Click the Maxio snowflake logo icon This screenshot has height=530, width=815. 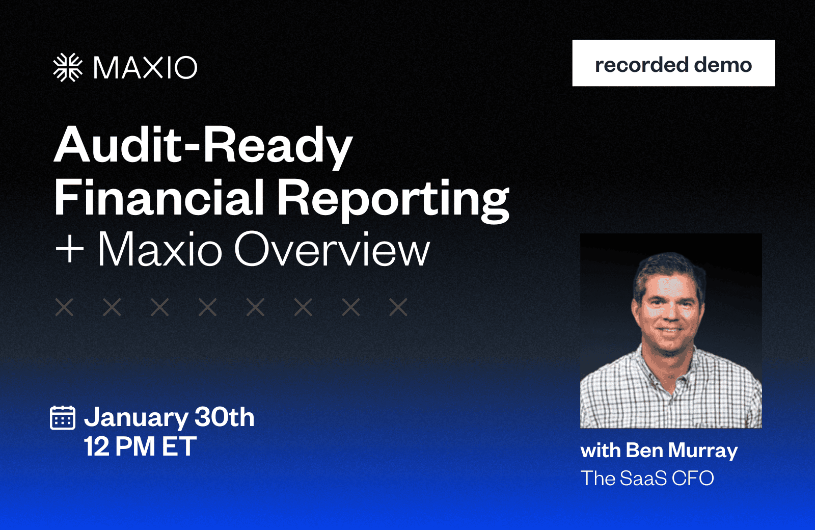pos(68,67)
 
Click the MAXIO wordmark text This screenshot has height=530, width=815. pos(145,68)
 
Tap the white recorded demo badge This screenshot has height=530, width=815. pos(673,63)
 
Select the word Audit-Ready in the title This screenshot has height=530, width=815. pos(203,145)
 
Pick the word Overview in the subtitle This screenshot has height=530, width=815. pos(332,250)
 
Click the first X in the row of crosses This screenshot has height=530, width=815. pos(64,307)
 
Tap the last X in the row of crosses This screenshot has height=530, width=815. pos(398,307)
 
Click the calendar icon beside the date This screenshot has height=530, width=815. pos(63,417)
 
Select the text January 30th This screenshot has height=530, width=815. pos(169,417)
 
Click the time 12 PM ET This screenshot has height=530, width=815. pos(141,446)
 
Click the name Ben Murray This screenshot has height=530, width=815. pos(682,451)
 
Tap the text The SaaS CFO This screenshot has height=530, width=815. pos(647,478)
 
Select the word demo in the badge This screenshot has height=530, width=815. pos(723,65)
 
